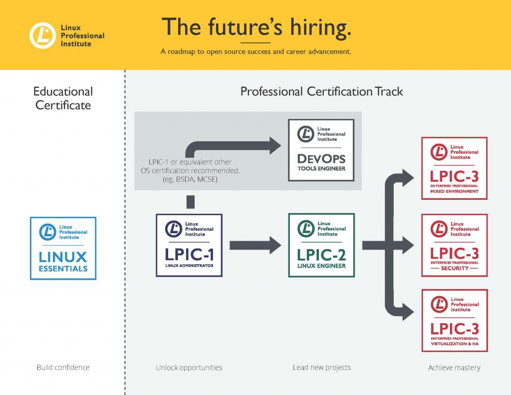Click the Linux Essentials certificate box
pyautogui.click(x=63, y=248)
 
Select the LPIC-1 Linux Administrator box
pyautogui.click(x=189, y=245)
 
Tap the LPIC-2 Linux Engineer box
pyautogui.click(x=321, y=245)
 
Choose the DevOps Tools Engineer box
pyautogui.click(x=321, y=150)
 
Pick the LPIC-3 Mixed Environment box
pyautogui.click(x=454, y=168)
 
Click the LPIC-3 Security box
pyautogui.click(x=454, y=245)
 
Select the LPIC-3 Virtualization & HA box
pyautogui.click(x=455, y=321)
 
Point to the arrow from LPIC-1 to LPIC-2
pyautogui.click(x=255, y=245)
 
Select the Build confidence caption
pyautogui.click(x=63, y=367)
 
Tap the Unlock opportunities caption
pyautogui.click(x=189, y=368)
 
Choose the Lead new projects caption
pyautogui.click(x=322, y=368)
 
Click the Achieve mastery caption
pyautogui.click(x=454, y=368)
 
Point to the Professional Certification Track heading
pyautogui.click(x=322, y=91)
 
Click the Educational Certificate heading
pyautogui.click(x=63, y=98)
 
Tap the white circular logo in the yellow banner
pyautogui.click(x=42, y=35)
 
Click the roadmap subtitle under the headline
pyautogui.click(x=256, y=51)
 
